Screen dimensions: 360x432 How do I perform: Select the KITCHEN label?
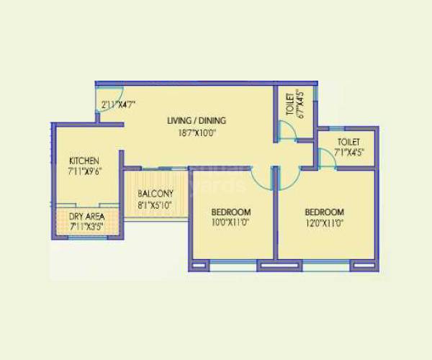[x=84, y=160]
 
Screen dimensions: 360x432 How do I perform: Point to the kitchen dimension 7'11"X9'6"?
[x=84, y=171]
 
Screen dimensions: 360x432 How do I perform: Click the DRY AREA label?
[x=85, y=216]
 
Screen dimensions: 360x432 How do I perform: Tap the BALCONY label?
[x=156, y=194]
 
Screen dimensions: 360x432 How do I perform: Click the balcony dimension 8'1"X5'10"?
[x=156, y=204]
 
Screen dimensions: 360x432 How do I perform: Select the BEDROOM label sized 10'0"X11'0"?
[x=230, y=212]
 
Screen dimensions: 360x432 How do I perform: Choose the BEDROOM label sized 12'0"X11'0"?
[x=324, y=212]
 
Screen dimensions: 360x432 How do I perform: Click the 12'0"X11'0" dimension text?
[x=324, y=223]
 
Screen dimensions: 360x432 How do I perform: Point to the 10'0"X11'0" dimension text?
[x=230, y=223]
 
